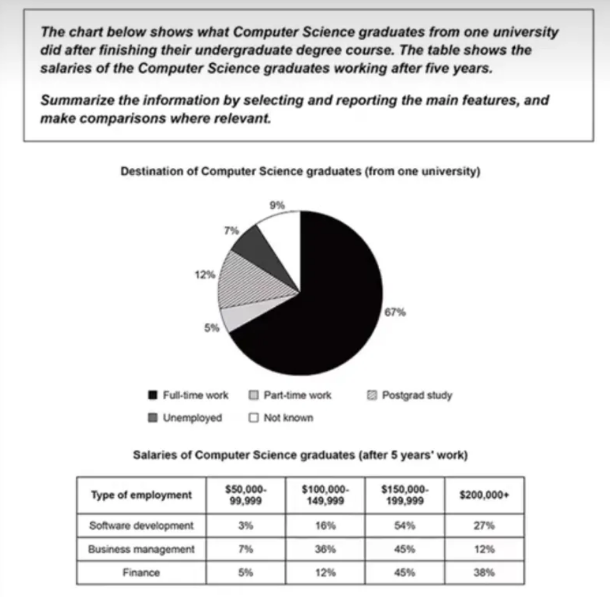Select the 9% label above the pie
(x=276, y=205)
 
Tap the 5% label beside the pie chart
(x=212, y=328)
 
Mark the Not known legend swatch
(x=253, y=418)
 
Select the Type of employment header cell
(x=142, y=495)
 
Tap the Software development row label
(x=142, y=526)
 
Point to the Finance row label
(x=142, y=572)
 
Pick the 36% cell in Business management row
(x=325, y=549)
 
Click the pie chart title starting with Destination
(x=300, y=172)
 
